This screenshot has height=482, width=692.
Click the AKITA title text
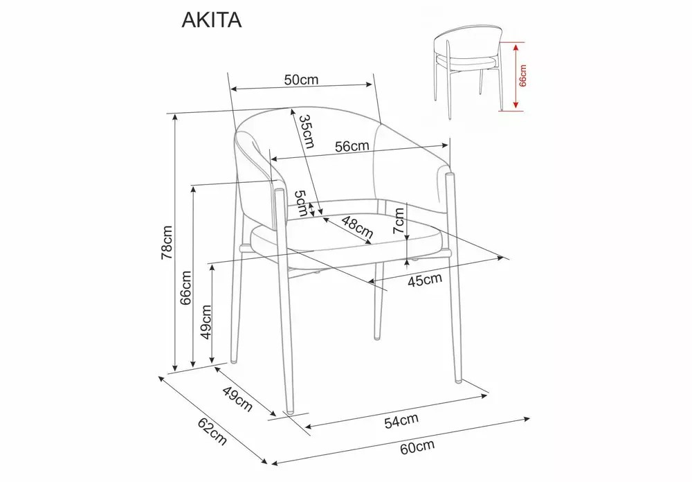(211, 20)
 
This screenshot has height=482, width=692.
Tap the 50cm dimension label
(301, 80)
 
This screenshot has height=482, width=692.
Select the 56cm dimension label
(352, 146)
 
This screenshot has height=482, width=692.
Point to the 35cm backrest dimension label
(307, 131)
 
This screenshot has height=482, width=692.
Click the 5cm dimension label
(301, 203)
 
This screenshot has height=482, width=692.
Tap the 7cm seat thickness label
(399, 221)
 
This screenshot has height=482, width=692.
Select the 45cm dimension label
(424, 279)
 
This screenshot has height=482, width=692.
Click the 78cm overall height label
(167, 242)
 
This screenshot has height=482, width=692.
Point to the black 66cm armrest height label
(185, 287)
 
